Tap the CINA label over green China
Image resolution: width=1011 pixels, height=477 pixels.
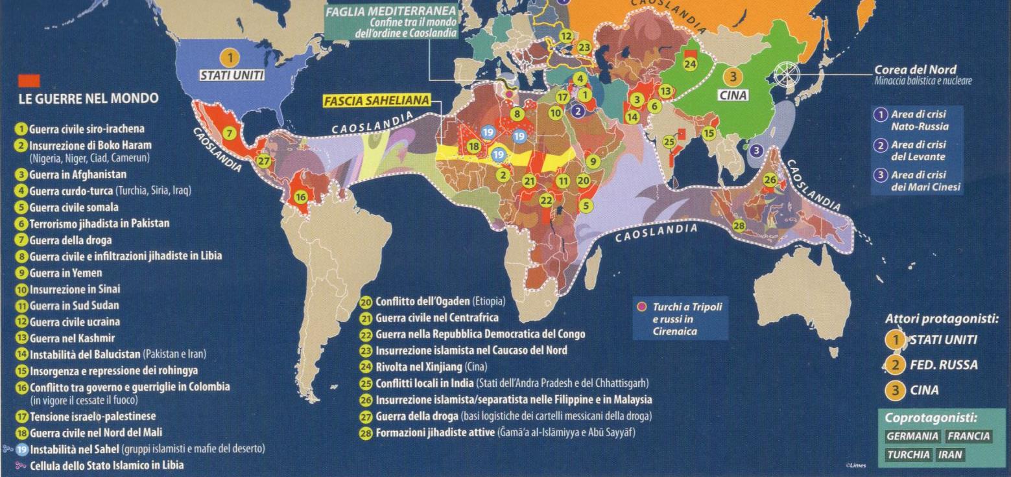[x=733, y=95]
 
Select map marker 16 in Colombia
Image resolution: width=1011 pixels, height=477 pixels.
[x=300, y=197]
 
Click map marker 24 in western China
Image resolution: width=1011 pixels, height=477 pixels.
[x=690, y=64]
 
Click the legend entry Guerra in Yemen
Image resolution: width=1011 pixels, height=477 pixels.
[x=65, y=273]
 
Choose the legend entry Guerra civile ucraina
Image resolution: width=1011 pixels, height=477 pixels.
[x=74, y=322]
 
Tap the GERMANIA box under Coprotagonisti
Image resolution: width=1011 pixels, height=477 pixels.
[x=912, y=436]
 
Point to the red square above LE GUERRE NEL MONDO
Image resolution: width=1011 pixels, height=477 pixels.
[x=30, y=81]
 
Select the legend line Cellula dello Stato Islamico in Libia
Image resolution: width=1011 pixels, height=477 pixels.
[x=106, y=465]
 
